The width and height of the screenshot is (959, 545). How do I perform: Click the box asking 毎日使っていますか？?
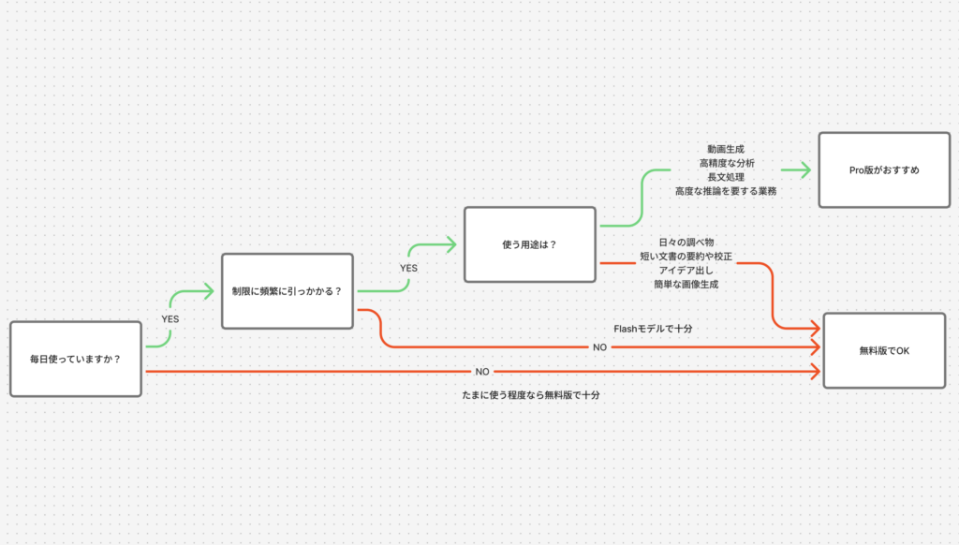[x=76, y=359]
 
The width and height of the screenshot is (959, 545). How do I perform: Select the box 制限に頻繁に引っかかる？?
[x=288, y=291]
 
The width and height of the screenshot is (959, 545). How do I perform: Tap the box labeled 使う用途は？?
[x=530, y=244]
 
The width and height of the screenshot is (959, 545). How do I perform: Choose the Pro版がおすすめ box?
[x=884, y=170]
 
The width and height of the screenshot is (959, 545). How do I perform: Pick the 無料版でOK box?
[x=884, y=351]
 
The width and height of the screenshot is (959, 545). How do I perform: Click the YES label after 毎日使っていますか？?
[x=170, y=319]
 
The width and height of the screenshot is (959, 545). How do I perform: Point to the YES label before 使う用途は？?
[x=408, y=269]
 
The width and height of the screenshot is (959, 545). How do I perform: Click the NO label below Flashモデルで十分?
[x=600, y=346]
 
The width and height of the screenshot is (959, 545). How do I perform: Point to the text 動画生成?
[x=726, y=149]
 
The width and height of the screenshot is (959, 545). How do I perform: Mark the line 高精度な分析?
[x=726, y=163]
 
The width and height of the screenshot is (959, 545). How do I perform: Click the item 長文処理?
[x=726, y=177]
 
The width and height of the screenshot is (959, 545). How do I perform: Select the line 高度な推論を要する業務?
[x=726, y=191]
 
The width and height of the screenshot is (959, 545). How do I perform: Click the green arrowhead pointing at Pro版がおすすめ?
[x=804, y=170]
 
